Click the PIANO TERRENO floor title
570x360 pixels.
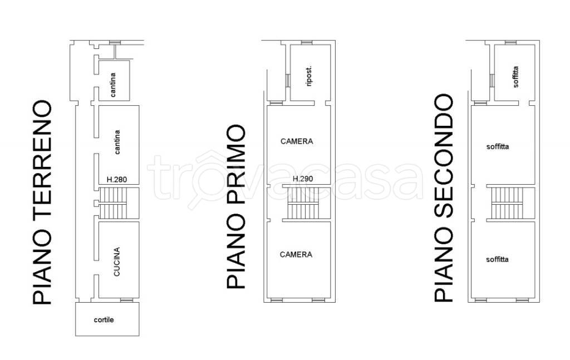click(x=42, y=203)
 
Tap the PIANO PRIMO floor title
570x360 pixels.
click(x=236, y=206)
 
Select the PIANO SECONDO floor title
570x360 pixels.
click(x=444, y=198)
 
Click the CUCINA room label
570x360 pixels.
click(x=117, y=262)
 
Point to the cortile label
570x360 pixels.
click(x=104, y=320)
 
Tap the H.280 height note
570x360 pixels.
click(x=117, y=179)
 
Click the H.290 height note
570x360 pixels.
click(x=303, y=179)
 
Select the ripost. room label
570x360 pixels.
click(x=309, y=76)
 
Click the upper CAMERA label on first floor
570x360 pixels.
click(x=297, y=141)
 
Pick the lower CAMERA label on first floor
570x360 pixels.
click(x=296, y=254)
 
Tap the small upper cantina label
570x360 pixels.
click(x=113, y=85)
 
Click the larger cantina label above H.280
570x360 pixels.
click(x=117, y=142)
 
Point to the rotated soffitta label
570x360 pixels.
click(x=516, y=77)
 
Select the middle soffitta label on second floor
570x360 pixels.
click(x=498, y=147)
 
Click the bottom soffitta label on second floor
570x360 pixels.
click(x=497, y=259)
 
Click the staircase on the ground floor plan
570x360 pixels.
click(x=113, y=203)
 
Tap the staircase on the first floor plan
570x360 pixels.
click(x=303, y=204)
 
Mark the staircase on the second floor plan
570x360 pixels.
click(x=508, y=204)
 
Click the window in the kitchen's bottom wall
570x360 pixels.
click(x=127, y=300)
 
